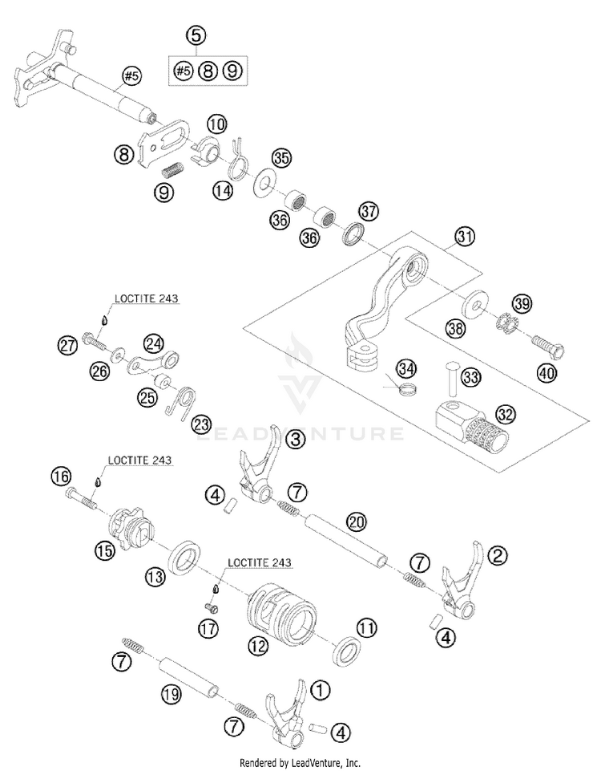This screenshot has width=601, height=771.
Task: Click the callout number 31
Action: pos(465,237)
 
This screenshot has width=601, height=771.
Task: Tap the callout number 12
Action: pos(258,645)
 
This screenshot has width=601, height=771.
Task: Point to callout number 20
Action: pos(356,521)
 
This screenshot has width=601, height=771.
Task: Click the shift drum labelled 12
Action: pos(281,611)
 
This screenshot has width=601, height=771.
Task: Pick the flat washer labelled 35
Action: pos(265,184)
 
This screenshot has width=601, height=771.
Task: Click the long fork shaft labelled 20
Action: pos(346,539)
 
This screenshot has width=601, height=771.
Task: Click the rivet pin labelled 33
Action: pos(453,378)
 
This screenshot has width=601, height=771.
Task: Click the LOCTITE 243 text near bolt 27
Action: pos(147,298)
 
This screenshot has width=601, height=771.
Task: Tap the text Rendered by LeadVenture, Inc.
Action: pos(300,763)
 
